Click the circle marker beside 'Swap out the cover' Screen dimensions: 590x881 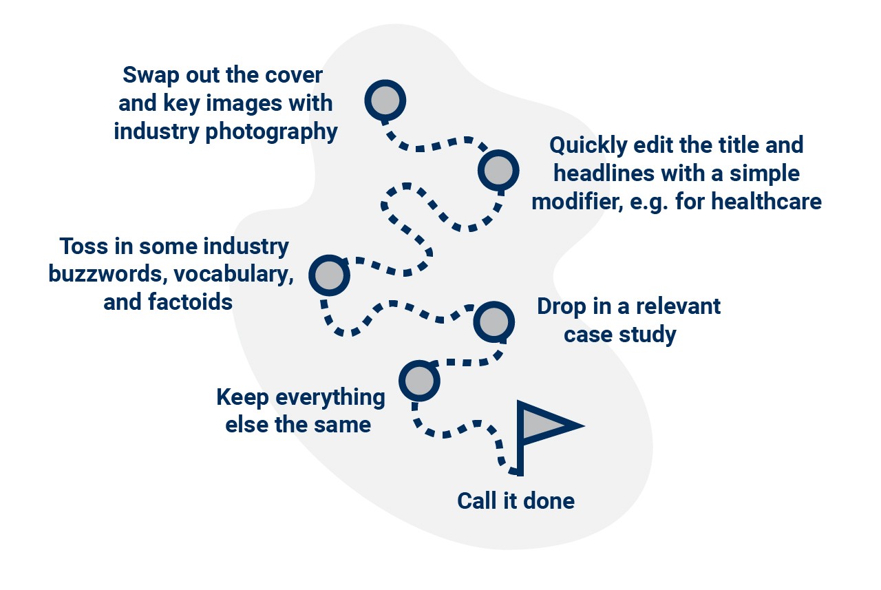[x=385, y=101]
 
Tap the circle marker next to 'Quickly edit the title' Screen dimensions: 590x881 [x=498, y=170]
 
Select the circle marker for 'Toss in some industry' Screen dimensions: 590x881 [x=330, y=275]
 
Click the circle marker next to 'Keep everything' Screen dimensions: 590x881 [x=419, y=380]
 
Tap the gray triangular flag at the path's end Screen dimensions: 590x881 [x=544, y=425]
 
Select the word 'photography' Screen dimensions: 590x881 [x=272, y=131]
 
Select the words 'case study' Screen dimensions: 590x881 [x=619, y=335]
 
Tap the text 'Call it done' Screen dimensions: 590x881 [x=516, y=501]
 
